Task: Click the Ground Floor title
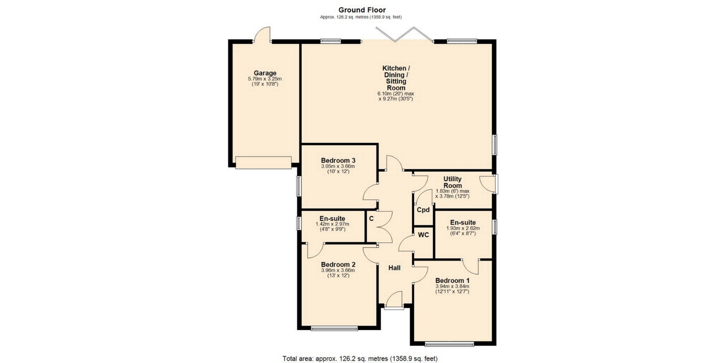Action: [362, 10]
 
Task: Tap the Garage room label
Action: [265, 73]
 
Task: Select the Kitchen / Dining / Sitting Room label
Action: [396, 78]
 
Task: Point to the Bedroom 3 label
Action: [338, 160]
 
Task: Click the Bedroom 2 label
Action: [338, 264]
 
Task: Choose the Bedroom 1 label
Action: [452, 281]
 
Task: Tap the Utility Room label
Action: [453, 182]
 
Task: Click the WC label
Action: [423, 235]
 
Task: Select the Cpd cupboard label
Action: [423, 209]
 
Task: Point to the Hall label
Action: [394, 268]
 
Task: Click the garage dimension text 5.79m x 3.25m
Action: [265, 79]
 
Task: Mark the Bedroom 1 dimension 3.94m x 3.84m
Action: [452, 287]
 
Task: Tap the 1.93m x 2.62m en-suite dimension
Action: [463, 228]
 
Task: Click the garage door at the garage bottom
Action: [264, 163]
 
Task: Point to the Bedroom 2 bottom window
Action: [334, 328]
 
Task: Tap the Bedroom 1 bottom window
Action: [449, 344]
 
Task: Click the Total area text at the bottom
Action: [360, 358]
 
